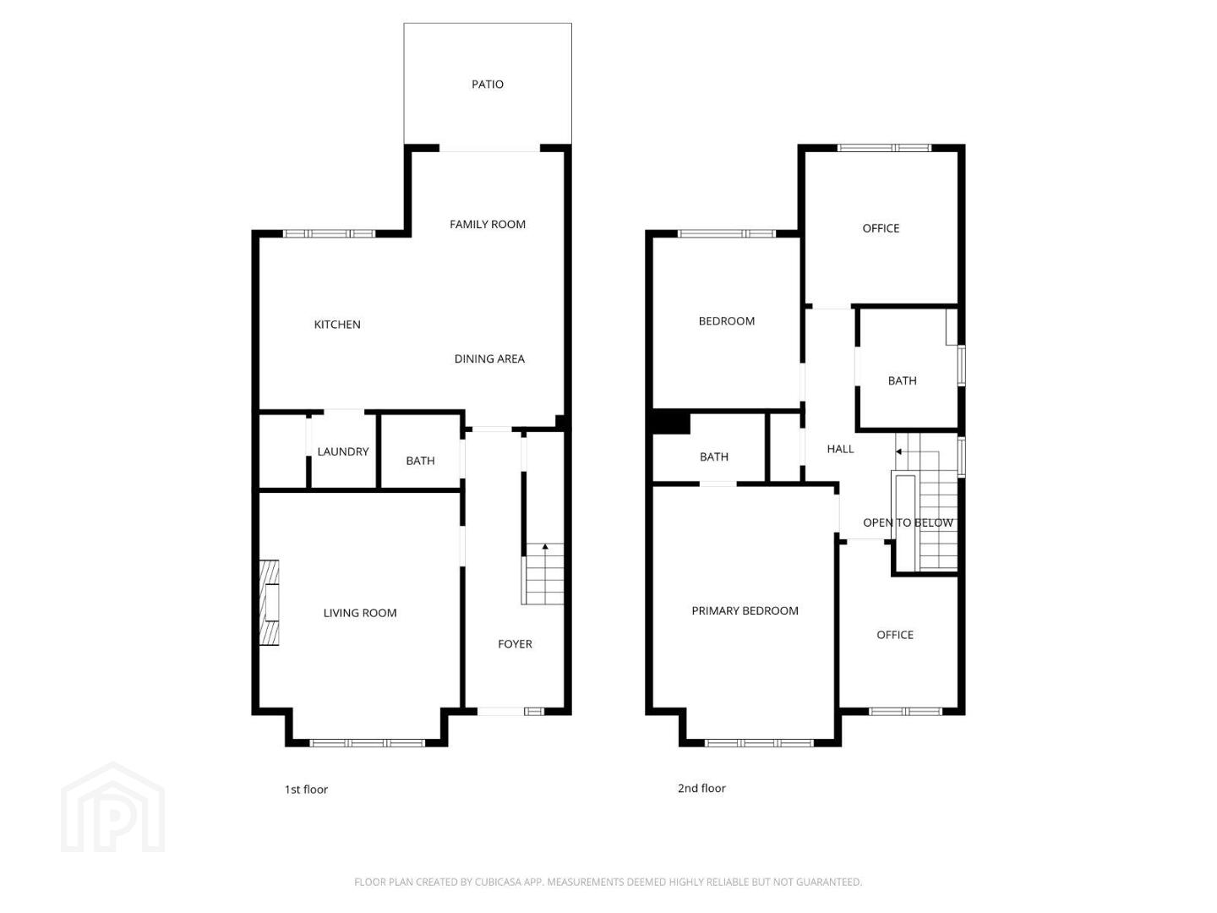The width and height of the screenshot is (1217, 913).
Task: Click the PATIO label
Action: [x=488, y=85]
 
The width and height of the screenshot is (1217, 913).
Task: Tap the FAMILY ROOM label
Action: [x=488, y=224]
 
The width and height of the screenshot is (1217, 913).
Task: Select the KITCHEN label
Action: [x=337, y=325]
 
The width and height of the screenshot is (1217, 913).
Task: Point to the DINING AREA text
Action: [x=489, y=358]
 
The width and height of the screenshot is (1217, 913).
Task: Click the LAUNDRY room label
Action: [x=342, y=451]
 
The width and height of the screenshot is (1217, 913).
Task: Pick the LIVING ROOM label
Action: [x=360, y=613]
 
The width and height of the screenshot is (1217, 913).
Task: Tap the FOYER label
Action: [x=515, y=643]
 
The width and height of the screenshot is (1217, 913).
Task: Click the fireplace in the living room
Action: [x=270, y=603]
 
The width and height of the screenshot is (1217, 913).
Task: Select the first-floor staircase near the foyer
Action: [x=543, y=573]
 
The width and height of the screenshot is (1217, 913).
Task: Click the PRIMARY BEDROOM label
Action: [x=745, y=610]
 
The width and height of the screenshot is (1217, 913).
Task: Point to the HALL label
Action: [x=840, y=449]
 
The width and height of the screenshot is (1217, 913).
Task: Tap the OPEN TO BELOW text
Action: [x=908, y=522]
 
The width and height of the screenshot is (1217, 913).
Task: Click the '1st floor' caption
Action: [x=306, y=790]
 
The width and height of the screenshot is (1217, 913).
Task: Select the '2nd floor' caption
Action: [x=701, y=788]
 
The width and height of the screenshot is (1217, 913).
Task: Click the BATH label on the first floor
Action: [x=420, y=461]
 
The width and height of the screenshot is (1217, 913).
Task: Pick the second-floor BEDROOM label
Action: [x=726, y=321]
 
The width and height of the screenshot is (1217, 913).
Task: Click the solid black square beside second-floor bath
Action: [x=671, y=423]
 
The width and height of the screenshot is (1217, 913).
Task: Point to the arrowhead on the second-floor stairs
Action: [x=898, y=451]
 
